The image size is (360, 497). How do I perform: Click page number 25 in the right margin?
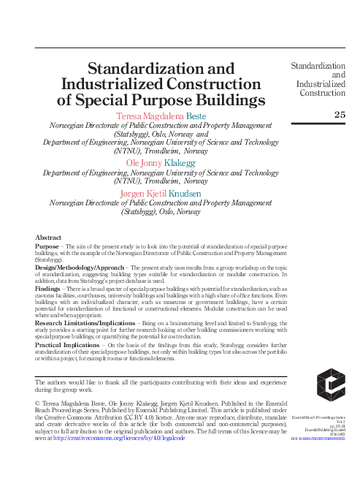[340, 114]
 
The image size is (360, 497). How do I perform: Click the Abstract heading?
[47, 238]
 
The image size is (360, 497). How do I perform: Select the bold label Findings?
[49, 289]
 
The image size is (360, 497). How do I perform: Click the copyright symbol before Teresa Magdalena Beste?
[38, 403]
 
